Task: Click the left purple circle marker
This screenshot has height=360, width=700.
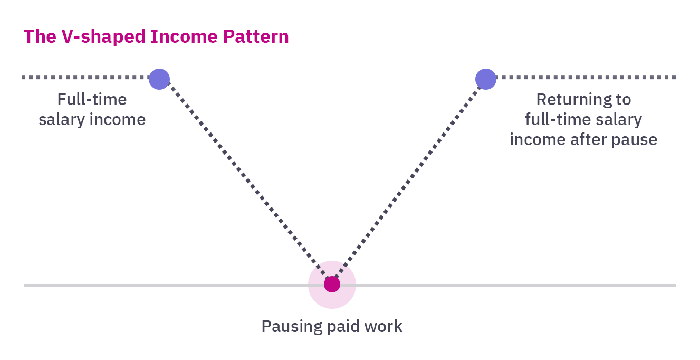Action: pos(159,79)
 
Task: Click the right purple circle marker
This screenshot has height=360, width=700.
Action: pos(486,79)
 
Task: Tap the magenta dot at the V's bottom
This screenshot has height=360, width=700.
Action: pos(332,285)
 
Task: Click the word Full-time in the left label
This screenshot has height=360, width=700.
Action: pos(92,100)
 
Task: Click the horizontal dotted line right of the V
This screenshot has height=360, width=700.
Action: pos(586,78)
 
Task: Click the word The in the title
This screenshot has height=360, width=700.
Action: pos(37,36)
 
